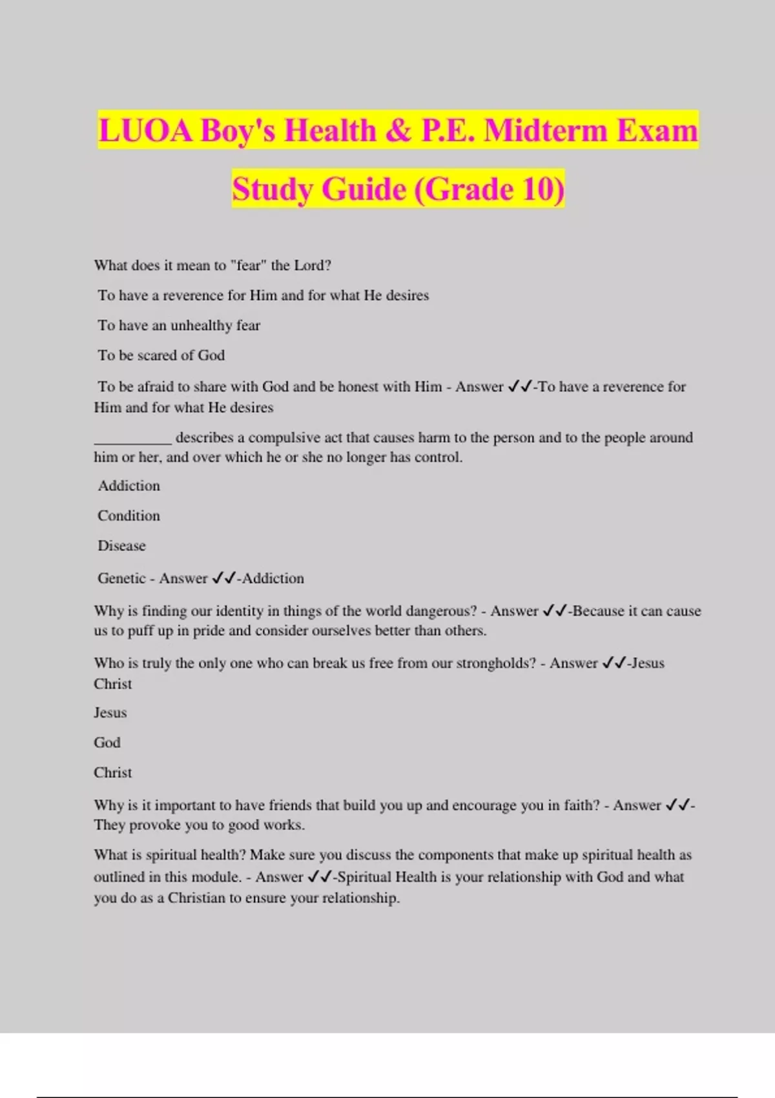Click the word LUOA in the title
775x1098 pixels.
(145, 130)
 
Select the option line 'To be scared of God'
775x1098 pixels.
(161, 355)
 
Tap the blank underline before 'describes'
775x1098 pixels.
(132, 439)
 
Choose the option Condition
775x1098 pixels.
(129, 515)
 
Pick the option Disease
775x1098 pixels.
(121, 546)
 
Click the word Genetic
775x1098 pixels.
(121, 578)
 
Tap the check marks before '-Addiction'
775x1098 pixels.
(223, 578)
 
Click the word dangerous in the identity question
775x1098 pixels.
(441, 611)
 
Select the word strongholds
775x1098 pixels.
(496, 663)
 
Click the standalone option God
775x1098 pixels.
(107, 743)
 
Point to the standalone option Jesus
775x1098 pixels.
(110, 713)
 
